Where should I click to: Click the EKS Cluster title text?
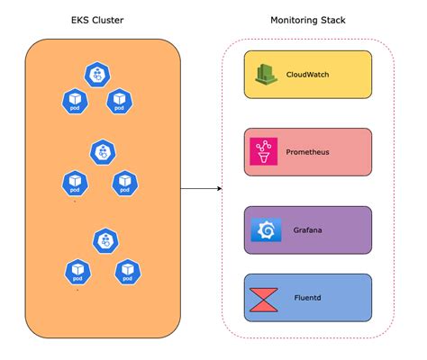coord(97,20)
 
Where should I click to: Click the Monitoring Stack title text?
coord(307,20)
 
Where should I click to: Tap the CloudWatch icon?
coord(266,75)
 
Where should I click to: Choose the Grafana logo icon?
coord(266,230)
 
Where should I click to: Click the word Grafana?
coord(308,230)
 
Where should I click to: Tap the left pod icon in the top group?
coord(73,102)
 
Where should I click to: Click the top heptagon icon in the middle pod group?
coord(103,153)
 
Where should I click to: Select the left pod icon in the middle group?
coord(75,184)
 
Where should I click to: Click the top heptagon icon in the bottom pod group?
coord(106,239)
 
